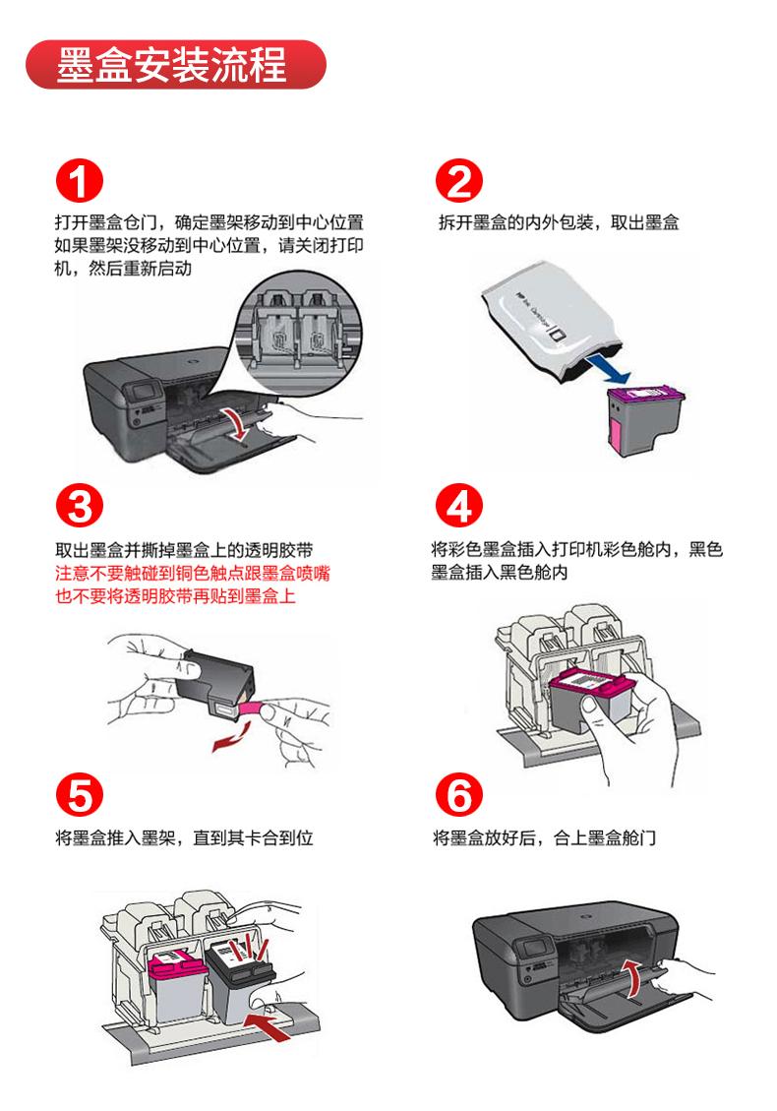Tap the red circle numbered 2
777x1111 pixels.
click(458, 183)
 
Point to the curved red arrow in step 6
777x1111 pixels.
click(636, 979)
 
